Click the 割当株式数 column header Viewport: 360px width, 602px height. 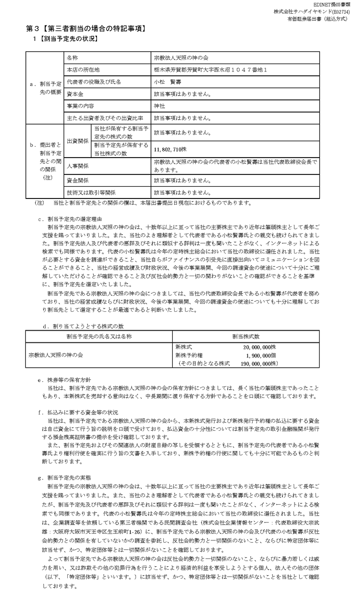(245, 336)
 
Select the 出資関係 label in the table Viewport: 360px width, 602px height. (77, 141)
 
